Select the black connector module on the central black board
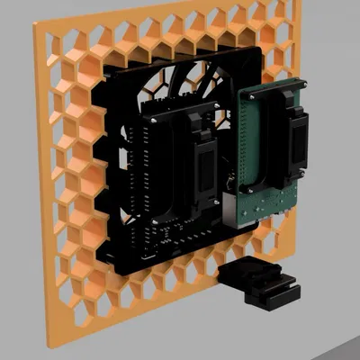[202, 166]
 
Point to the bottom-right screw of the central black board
[216, 231]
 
